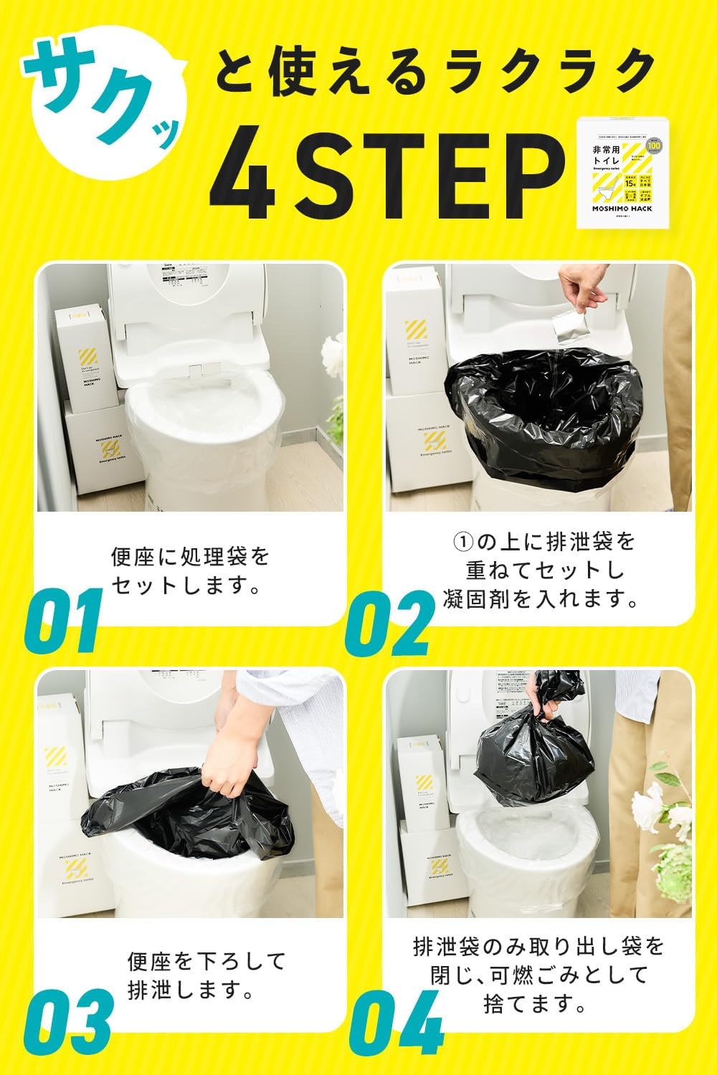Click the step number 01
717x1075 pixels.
[67, 620]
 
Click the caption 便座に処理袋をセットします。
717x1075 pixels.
[190, 571]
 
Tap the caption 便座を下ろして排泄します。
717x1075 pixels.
[206, 975]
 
